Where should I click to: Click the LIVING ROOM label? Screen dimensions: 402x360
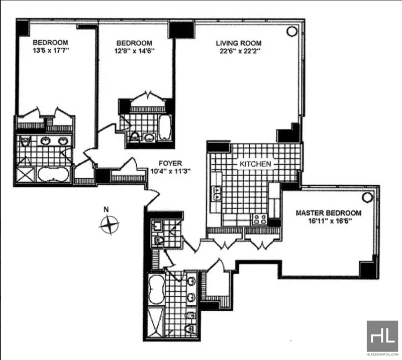pyautogui.click(x=238, y=43)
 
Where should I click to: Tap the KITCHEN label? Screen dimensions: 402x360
pyautogui.click(x=255, y=164)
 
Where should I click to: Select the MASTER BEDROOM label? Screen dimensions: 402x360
pyautogui.click(x=329, y=213)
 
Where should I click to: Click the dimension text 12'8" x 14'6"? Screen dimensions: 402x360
pyautogui.click(x=134, y=51)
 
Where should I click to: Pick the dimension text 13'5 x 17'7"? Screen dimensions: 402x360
pyautogui.click(x=51, y=51)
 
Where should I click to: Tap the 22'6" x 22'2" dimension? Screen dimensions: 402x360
pyautogui.click(x=240, y=51)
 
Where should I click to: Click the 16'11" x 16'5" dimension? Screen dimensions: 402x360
pyautogui.click(x=330, y=221)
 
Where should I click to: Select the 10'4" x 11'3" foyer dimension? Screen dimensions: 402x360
pyautogui.click(x=170, y=171)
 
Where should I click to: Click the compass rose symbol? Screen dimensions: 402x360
pyautogui.click(x=110, y=225)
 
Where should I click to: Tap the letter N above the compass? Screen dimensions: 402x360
pyautogui.click(x=106, y=209)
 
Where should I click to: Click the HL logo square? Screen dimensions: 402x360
pyautogui.click(x=382, y=336)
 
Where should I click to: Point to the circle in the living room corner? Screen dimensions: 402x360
pyautogui.click(x=291, y=31)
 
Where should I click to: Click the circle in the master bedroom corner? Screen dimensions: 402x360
pyautogui.click(x=367, y=197)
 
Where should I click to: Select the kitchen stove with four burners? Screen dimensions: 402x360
pyautogui.click(x=260, y=219)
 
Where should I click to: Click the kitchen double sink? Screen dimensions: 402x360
pyautogui.click(x=217, y=193)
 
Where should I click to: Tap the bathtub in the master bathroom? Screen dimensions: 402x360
pyautogui.click(x=156, y=290)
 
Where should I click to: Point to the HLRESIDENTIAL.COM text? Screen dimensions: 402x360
pyautogui.click(x=382, y=354)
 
